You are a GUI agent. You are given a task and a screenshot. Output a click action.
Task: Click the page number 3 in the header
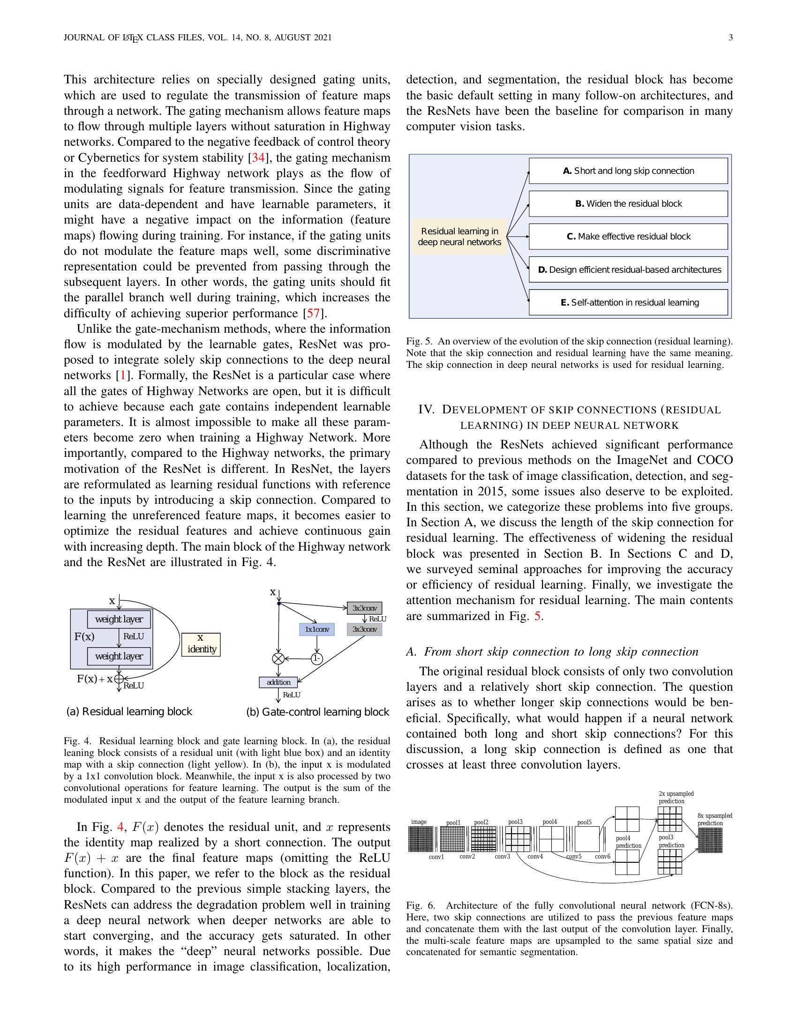click(x=730, y=38)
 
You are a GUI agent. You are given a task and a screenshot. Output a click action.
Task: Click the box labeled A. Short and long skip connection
click(x=628, y=171)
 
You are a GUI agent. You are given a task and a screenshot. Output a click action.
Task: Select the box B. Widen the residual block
click(x=628, y=203)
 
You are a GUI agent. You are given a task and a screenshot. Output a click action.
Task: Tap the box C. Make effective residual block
click(x=628, y=237)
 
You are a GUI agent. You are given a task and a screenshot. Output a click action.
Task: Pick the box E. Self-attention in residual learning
click(x=628, y=303)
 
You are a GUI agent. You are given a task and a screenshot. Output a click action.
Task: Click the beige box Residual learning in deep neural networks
click(x=459, y=237)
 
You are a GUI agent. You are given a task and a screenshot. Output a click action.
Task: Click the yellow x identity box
click(x=202, y=644)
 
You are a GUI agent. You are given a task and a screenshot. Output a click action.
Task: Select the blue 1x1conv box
click(x=317, y=629)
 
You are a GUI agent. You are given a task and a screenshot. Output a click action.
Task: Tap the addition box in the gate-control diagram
click(x=278, y=682)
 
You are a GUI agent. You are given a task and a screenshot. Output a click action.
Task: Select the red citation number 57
click(x=313, y=313)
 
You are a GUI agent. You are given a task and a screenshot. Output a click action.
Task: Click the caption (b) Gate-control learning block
click(x=318, y=712)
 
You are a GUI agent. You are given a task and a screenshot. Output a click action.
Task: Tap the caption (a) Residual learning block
click(x=129, y=711)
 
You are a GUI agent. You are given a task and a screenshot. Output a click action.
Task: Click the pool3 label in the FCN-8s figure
click(x=515, y=822)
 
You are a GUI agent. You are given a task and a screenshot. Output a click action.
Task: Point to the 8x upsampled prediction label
click(x=714, y=820)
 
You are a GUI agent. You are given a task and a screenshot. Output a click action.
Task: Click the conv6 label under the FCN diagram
click(x=602, y=857)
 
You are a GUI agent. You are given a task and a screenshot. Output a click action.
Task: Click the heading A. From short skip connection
click(x=552, y=652)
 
